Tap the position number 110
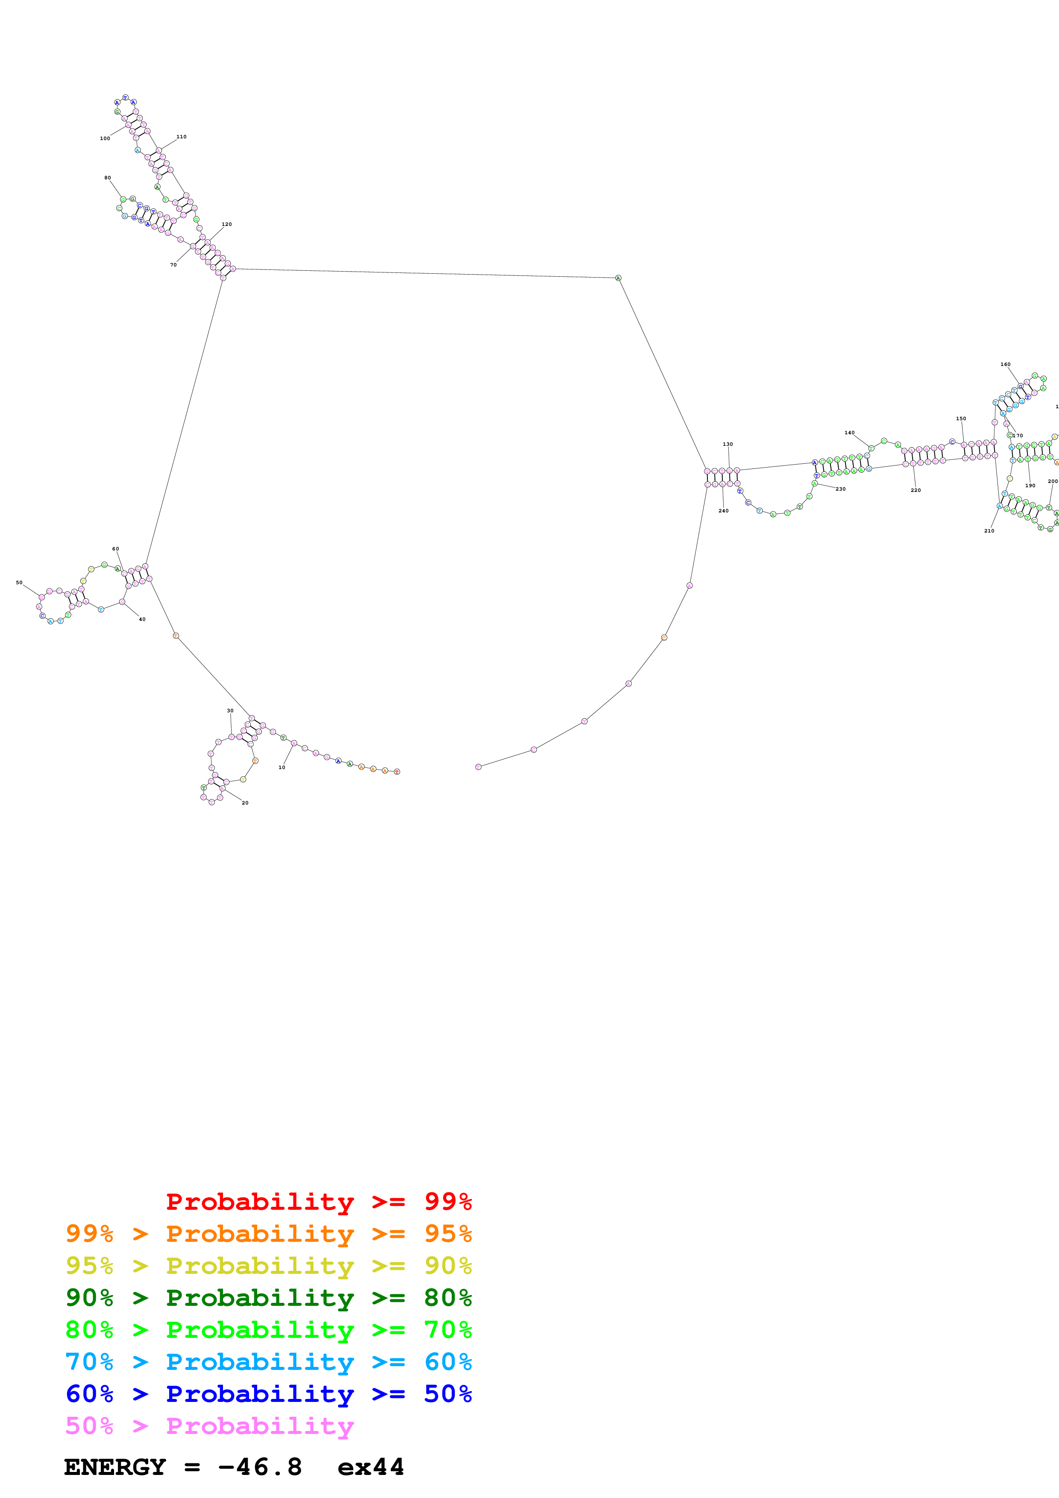(x=182, y=137)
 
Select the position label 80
(x=108, y=178)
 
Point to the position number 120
(x=226, y=225)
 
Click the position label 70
(x=173, y=265)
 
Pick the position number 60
(x=115, y=549)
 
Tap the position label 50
(x=19, y=582)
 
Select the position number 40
(x=142, y=619)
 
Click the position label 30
(x=230, y=711)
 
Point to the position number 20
(x=245, y=802)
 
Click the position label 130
(x=728, y=444)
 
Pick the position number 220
(x=916, y=490)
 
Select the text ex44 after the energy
(x=371, y=1467)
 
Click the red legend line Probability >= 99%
(x=318, y=1202)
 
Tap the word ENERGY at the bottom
(x=115, y=1467)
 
